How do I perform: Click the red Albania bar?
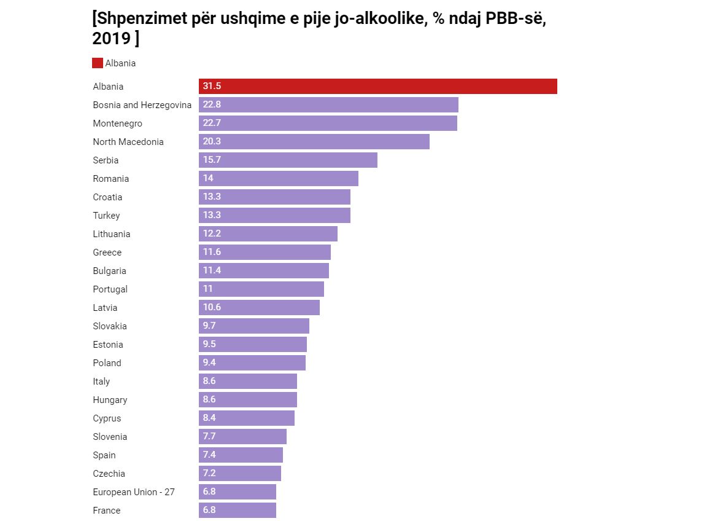click(377, 87)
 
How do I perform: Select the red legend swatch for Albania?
click(98, 63)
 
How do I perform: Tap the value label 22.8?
click(212, 105)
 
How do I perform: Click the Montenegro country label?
click(117, 123)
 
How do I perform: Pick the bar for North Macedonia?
click(314, 142)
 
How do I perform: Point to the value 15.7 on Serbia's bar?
click(212, 160)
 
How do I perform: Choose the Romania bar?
click(278, 179)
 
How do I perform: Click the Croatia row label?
click(107, 197)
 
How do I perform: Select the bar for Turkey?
click(274, 216)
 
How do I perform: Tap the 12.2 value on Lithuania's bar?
click(212, 234)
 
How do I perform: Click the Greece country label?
click(107, 253)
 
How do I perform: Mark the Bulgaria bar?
click(263, 271)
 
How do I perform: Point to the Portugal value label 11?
click(208, 289)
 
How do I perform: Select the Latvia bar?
click(259, 308)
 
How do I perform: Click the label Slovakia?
click(110, 326)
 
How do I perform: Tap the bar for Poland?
click(252, 363)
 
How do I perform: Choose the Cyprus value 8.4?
click(209, 418)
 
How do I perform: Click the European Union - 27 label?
click(134, 492)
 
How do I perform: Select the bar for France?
click(237, 511)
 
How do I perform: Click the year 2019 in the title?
click(111, 39)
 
